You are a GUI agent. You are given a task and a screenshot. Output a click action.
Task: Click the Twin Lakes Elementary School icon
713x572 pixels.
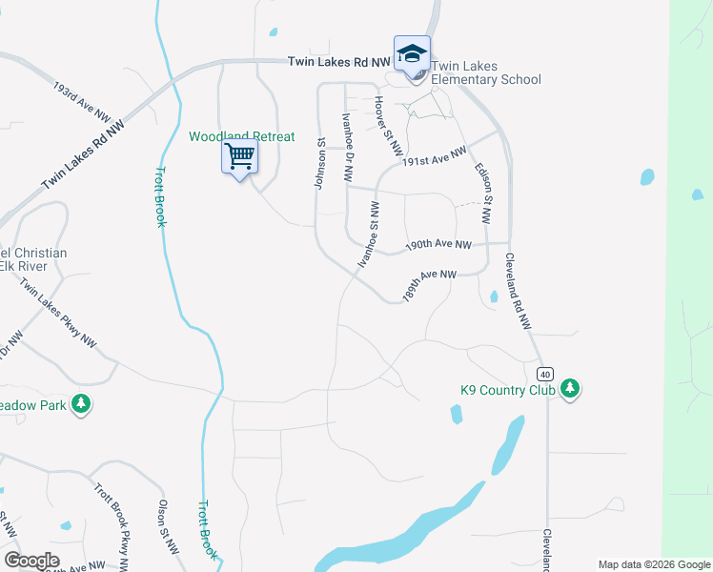point(412,54)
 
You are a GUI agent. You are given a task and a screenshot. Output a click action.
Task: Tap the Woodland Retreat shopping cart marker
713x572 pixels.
point(240,155)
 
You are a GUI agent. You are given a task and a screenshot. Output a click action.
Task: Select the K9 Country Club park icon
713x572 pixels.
point(570,388)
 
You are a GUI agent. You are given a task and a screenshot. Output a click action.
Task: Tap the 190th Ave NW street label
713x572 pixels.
point(438,245)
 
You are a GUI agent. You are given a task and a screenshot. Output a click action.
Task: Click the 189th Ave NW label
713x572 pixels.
point(430,285)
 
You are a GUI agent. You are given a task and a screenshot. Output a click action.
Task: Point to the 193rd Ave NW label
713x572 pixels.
point(82,100)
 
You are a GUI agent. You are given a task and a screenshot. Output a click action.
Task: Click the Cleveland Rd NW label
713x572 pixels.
point(518,291)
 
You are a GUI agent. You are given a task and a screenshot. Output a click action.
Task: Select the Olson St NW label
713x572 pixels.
point(168,526)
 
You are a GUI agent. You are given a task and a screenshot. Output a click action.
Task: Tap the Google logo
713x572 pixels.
point(31,561)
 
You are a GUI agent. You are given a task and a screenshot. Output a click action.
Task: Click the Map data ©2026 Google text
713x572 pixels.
point(653,564)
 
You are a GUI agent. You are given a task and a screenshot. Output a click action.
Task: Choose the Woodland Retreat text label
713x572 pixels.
point(241,136)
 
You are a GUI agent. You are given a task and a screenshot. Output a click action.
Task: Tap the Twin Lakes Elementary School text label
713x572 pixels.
point(486,73)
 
